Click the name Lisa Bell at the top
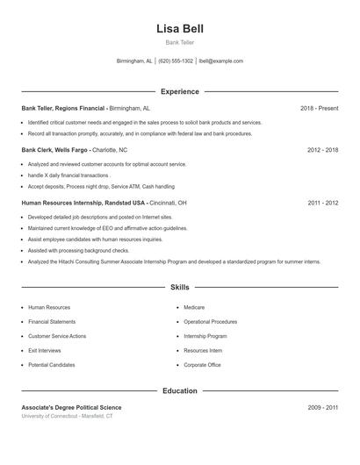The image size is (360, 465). [x=179, y=28]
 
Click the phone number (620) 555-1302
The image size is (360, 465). [x=176, y=61]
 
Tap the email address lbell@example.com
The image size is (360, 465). [x=221, y=61]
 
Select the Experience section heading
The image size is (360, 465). [x=179, y=91]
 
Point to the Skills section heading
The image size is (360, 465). [x=179, y=287]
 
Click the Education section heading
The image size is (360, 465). [x=179, y=390]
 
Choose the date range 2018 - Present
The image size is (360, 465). [x=319, y=108]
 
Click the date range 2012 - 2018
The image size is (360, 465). [x=322, y=150]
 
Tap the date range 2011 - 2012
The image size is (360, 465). [x=322, y=203]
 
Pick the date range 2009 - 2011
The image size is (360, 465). [x=322, y=408]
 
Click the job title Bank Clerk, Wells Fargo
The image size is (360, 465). [x=54, y=150]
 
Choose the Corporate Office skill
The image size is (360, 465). [x=202, y=364]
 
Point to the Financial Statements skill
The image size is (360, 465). [x=52, y=322]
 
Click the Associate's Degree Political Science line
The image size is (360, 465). [x=71, y=408]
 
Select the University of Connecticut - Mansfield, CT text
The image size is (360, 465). [x=67, y=416]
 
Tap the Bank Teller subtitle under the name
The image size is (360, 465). [x=179, y=42]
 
